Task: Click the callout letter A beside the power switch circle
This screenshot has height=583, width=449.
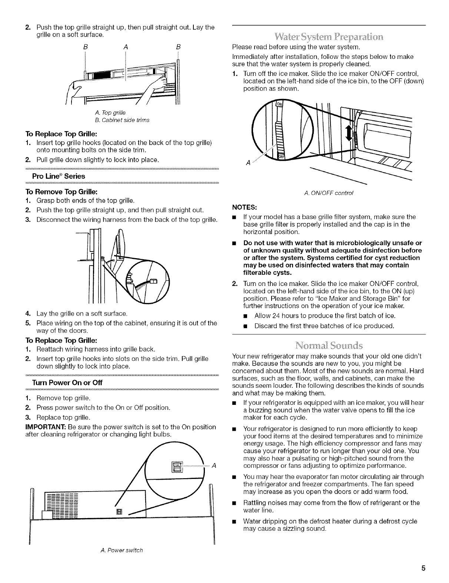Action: tap(214, 466)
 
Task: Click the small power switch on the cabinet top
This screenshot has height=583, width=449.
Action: tap(119, 512)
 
